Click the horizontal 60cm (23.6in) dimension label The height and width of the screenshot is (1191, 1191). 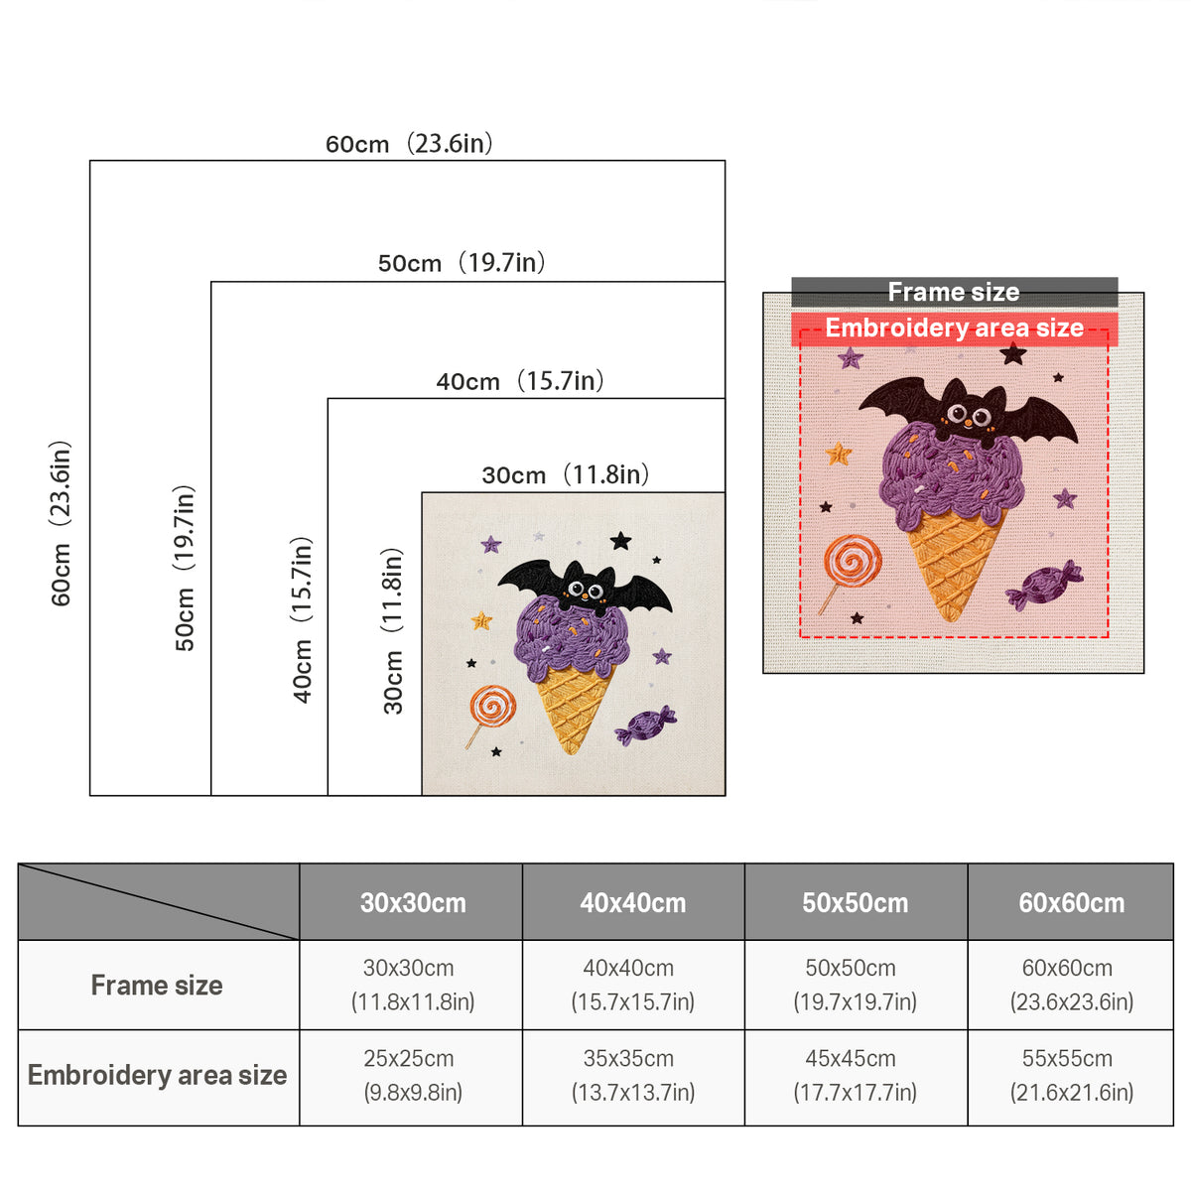coord(409,143)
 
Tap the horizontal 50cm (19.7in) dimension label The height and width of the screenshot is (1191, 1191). coord(462,263)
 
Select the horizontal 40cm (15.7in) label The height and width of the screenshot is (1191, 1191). coord(520,381)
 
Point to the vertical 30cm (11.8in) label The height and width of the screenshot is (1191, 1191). coord(393,630)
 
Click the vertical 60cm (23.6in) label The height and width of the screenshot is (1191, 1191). coord(61,523)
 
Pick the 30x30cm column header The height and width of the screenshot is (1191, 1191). coord(413,903)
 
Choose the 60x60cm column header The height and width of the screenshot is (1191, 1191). coord(1071,903)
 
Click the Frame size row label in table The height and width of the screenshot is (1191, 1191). coord(157,986)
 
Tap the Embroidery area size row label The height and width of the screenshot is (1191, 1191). coord(157,1076)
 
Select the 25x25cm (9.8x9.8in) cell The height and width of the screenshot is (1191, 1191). coord(412,1076)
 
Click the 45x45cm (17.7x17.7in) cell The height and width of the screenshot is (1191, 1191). coord(855,1076)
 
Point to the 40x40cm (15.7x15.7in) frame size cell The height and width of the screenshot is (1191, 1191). coord(632,986)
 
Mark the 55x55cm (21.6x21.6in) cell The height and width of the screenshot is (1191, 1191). coord(1071,1076)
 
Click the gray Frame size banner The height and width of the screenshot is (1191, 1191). coord(954,292)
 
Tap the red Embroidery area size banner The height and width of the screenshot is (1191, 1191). coord(954,328)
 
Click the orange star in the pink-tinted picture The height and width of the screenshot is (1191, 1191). coord(839,453)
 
